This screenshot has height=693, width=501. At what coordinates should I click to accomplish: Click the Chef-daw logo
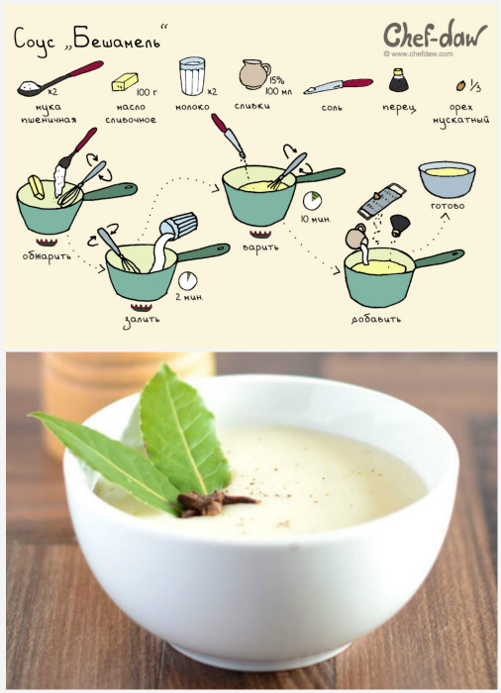point(435,36)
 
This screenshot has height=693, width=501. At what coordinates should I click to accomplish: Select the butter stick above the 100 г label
point(125,82)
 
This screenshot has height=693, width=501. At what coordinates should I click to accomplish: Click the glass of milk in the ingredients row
point(192,75)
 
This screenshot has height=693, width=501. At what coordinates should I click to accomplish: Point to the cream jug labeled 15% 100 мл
point(254,74)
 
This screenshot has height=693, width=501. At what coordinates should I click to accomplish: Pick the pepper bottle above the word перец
point(398,80)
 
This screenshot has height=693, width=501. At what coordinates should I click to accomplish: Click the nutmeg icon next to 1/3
point(460,85)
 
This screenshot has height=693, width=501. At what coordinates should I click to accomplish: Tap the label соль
point(332,107)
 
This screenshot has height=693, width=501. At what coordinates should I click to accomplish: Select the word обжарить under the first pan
point(47,256)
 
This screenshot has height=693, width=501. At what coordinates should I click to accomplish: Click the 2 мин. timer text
point(189,297)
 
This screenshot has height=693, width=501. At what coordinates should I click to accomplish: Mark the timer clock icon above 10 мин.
point(312,201)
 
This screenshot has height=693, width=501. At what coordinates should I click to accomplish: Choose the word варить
point(260,247)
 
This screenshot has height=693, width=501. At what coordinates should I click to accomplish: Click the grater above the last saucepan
point(381,201)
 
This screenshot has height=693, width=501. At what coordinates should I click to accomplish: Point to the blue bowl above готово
point(447,179)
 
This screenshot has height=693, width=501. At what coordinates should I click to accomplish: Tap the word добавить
point(376,319)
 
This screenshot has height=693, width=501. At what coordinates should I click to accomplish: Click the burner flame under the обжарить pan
point(47,242)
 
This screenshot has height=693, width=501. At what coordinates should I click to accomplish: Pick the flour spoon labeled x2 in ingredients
point(59,78)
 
